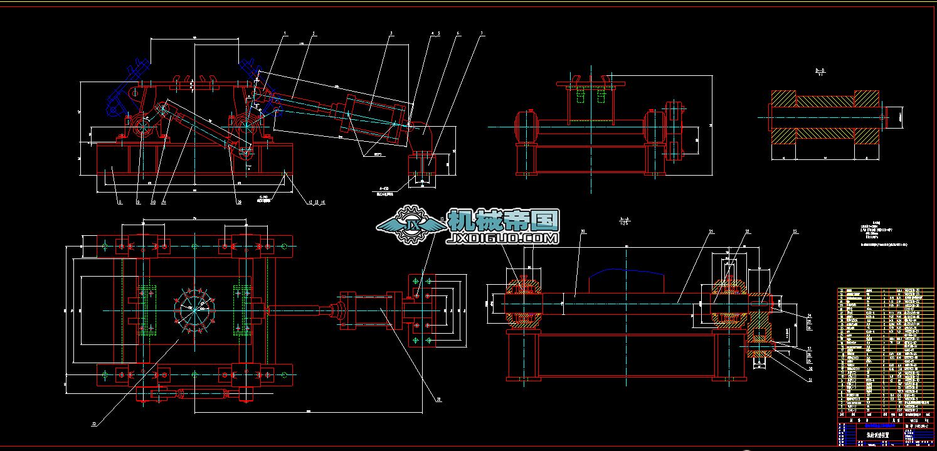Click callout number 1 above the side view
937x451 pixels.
pos(285,33)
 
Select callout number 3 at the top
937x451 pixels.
pos(391,33)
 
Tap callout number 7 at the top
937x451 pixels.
pos(481,33)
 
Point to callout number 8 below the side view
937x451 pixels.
pos(119,202)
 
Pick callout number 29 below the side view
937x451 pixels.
pos(239,202)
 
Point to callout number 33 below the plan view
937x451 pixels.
pos(93,424)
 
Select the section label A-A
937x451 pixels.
pos(624,220)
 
